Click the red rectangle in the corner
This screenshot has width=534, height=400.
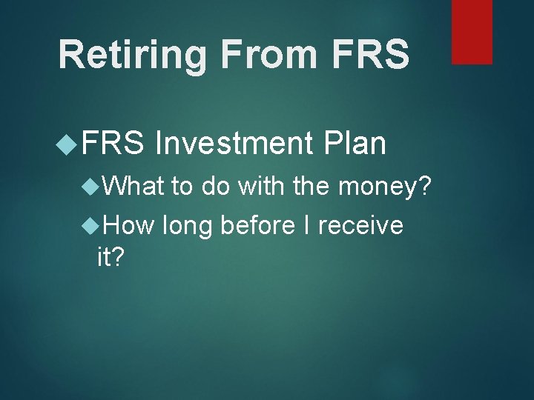point(472,31)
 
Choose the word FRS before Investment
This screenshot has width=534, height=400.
point(111,144)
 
